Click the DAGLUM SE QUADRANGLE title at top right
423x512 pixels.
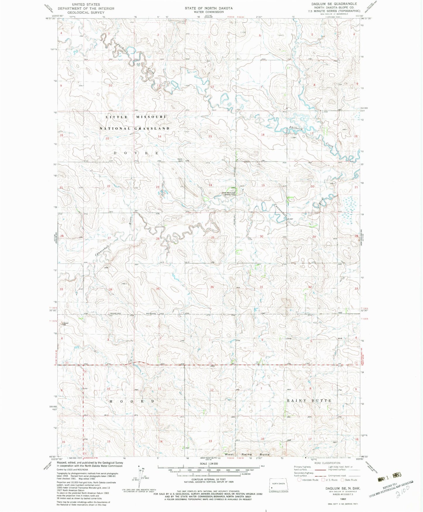330,4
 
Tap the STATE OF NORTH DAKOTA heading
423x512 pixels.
208,8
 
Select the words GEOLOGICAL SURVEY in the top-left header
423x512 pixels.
86,13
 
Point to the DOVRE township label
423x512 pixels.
136,153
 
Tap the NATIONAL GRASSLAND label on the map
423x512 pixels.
134,129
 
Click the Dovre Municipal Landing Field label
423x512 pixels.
228,193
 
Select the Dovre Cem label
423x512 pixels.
180,160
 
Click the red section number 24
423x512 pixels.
210,185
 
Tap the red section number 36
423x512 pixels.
212,287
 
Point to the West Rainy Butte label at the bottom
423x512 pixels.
247,454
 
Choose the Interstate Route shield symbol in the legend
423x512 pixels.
299,480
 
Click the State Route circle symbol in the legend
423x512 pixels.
343,480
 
